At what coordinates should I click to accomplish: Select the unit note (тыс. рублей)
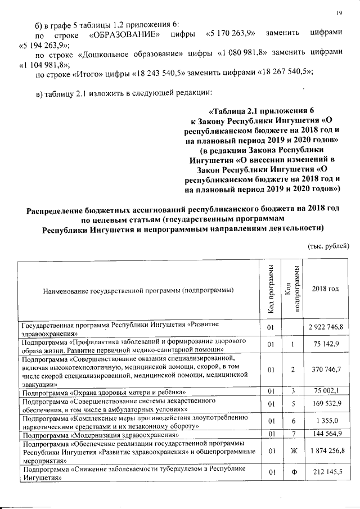click(x=328, y=245)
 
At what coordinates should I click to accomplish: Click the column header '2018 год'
click(x=326, y=289)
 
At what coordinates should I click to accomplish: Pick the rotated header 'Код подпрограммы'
click(x=292, y=289)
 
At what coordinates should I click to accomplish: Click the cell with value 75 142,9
click(x=329, y=344)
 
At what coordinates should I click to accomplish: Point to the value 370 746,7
click(x=328, y=369)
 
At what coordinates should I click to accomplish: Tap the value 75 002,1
click(x=329, y=391)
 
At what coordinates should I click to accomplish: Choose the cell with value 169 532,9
click(x=328, y=403)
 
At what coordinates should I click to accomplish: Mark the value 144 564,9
click(x=328, y=433)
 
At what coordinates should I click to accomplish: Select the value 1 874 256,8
click(x=326, y=451)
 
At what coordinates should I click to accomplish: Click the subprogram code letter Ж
click(x=293, y=451)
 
